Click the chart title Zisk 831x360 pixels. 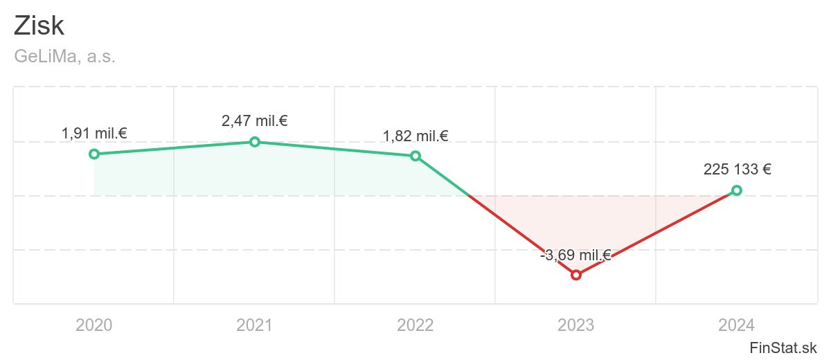click(39, 26)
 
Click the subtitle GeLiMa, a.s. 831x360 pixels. click(64, 57)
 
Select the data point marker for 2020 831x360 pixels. click(94, 154)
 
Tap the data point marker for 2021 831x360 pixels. click(255, 142)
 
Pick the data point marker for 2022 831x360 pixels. click(415, 156)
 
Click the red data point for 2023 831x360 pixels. click(576, 275)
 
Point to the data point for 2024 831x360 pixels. click(737, 190)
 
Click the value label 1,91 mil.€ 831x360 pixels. click(94, 134)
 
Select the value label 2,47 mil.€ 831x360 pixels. click(255, 121)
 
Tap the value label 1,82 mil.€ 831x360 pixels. click(415, 136)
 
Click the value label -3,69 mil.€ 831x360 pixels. click(575, 255)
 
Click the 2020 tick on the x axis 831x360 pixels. click(94, 325)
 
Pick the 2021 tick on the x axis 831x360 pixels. click(255, 325)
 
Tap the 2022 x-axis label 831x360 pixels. click(415, 325)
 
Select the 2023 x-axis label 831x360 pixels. click(576, 325)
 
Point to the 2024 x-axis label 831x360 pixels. click(737, 325)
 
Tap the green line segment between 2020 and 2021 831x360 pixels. click(175, 147)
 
